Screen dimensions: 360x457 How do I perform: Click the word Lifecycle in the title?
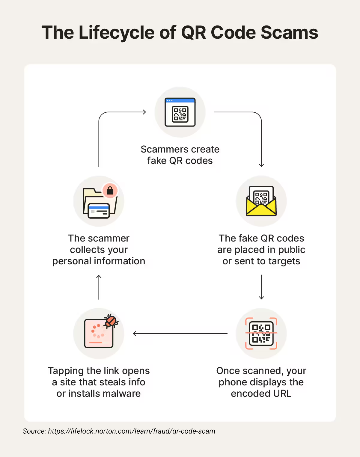(x=116, y=32)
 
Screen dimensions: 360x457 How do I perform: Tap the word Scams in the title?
(x=289, y=32)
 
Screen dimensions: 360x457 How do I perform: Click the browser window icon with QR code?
(x=180, y=112)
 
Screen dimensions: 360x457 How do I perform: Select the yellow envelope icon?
(x=261, y=201)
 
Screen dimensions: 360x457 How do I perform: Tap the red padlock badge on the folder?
(x=110, y=191)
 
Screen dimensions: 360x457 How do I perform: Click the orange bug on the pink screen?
(x=111, y=321)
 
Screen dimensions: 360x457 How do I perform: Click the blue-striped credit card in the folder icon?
(x=99, y=211)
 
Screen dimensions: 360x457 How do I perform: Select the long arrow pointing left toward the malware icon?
(x=180, y=334)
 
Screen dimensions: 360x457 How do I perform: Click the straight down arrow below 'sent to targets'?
(x=261, y=287)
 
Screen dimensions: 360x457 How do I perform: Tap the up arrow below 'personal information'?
(x=99, y=287)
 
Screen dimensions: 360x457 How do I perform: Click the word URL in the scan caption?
(x=282, y=393)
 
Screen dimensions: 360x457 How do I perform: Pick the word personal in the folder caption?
(x=71, y=261)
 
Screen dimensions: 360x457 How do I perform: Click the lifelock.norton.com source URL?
(x=132, y=431)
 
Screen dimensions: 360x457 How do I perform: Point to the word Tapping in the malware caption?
(x=66, y=371)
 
